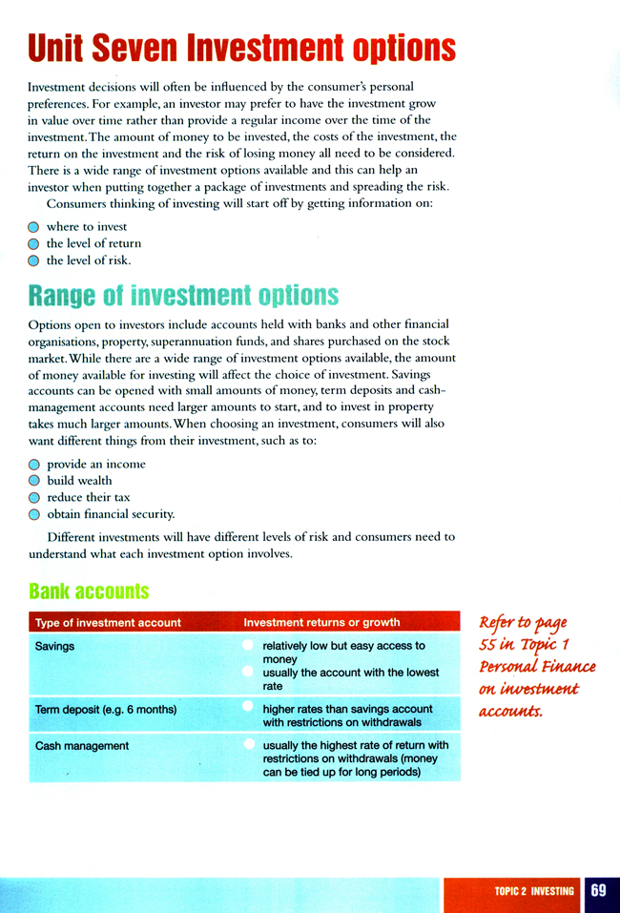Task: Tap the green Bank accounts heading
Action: (x=89, y=591)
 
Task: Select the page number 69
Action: (x=598, y=891)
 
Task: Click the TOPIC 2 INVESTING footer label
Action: (x=534, y=891)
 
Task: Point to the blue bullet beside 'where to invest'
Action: (x=34, y=228)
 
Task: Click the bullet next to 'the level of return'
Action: (x=34, y=244)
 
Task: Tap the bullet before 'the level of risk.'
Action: (x=34, y=259)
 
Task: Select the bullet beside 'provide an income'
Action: (x=34, y=465)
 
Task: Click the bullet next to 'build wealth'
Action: (x=34, y=481)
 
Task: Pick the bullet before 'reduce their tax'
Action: (x=34, y=497)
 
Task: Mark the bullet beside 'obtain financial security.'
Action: (x=34, y=513)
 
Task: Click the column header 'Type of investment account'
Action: (x=108, y=623)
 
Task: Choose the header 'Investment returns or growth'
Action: (x=321, y=623)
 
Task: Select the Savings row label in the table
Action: (x=54, y=646)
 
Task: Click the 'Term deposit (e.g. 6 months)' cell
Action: (x=106, y=710)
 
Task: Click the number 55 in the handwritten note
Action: (x=490, y=645)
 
